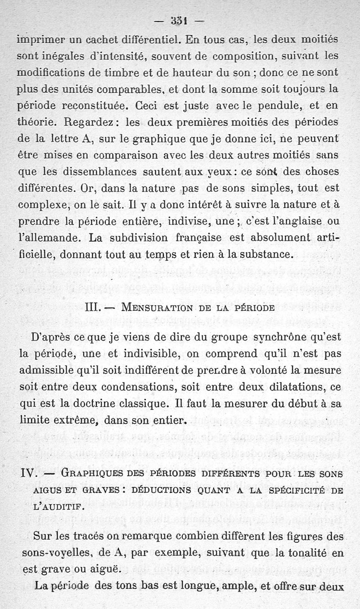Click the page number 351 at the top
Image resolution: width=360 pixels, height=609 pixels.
click(x=179, y=21)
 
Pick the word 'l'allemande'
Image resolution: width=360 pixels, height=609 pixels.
click(x=49, y=238)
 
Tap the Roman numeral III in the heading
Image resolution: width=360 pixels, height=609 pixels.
click(x=94, y=308)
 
